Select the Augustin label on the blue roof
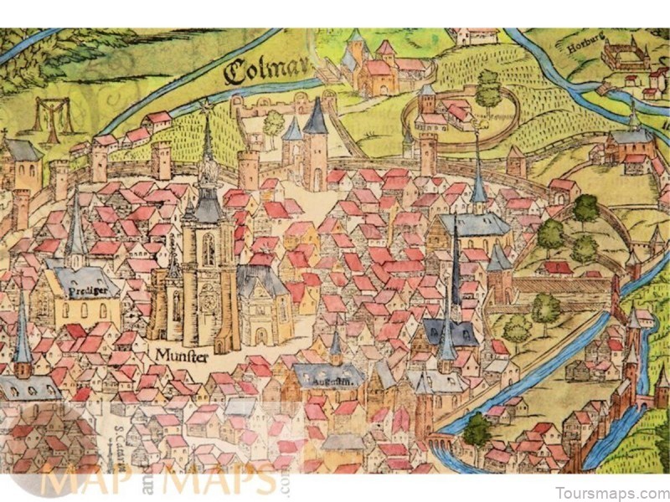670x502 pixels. pos(329,379)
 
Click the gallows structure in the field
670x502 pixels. pos(49,115)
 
